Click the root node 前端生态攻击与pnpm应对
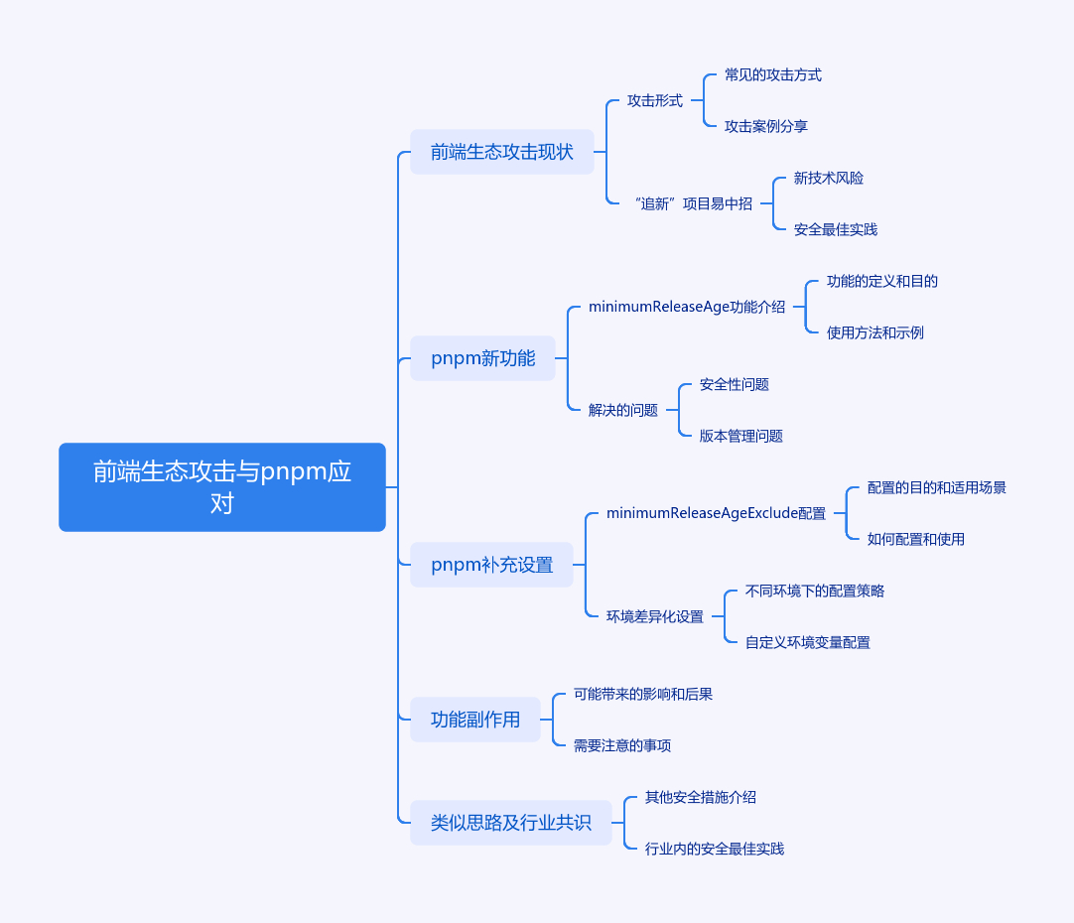point(221,486)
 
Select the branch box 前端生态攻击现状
point(501,152)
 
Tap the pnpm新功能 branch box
point(482,358)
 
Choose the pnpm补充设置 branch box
point(491,565)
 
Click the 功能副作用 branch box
point(474,720)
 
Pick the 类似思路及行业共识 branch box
point(510,823)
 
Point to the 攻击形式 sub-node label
point(654,100)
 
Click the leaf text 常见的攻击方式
point(772,74)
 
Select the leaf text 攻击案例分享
point(765,126)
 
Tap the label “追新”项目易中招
point(692,203)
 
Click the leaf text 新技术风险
point(828,178)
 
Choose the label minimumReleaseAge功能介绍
point(686,307)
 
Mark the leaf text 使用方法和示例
point(874,332)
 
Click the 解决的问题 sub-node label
point(622,410)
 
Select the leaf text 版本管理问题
point(740,436)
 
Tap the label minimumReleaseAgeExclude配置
point(716,513)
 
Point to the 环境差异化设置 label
point(654,616)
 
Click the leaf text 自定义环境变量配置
point(807,642)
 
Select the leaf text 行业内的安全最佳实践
point(714,849)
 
